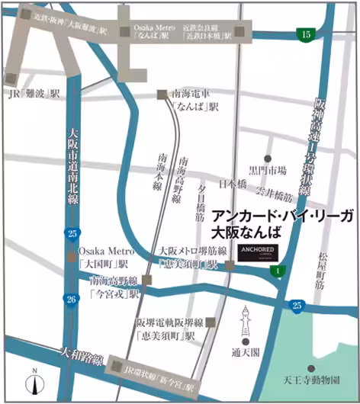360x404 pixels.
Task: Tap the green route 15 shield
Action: tap(306, 34)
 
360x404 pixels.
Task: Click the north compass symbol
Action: tap(35, 380)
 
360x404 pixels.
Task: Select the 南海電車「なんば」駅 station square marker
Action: tap(162, 95)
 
